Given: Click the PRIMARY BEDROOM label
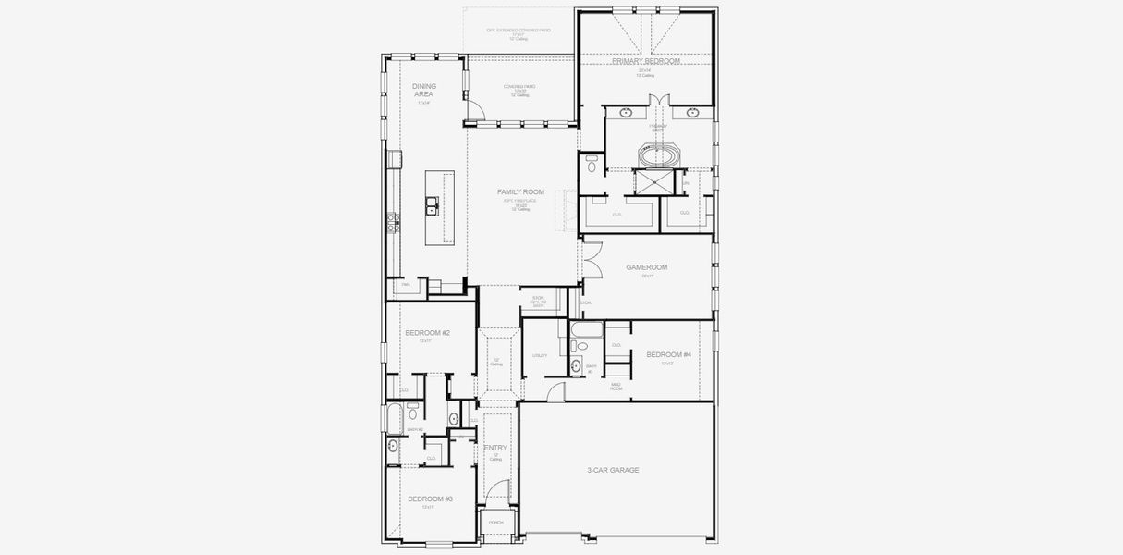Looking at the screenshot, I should point(645,61).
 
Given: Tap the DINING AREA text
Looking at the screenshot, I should point(423,90).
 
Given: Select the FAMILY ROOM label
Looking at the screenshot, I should point(520,192).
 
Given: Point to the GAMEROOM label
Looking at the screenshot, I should point(646,267).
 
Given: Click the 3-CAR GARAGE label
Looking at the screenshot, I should point(613,470).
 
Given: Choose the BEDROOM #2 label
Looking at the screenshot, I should point(427,333).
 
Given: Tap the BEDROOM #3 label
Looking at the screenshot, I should point(430,499).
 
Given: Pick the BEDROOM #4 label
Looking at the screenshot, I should point(667,354).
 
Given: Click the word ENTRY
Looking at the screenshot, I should point(495,448).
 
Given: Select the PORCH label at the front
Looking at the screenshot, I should point(495,523).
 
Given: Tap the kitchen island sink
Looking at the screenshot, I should point(432,205).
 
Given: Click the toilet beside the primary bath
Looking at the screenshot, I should point(592,166).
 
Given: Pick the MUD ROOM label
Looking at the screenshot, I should point(616,387).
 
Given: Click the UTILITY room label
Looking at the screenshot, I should point(540,355).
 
